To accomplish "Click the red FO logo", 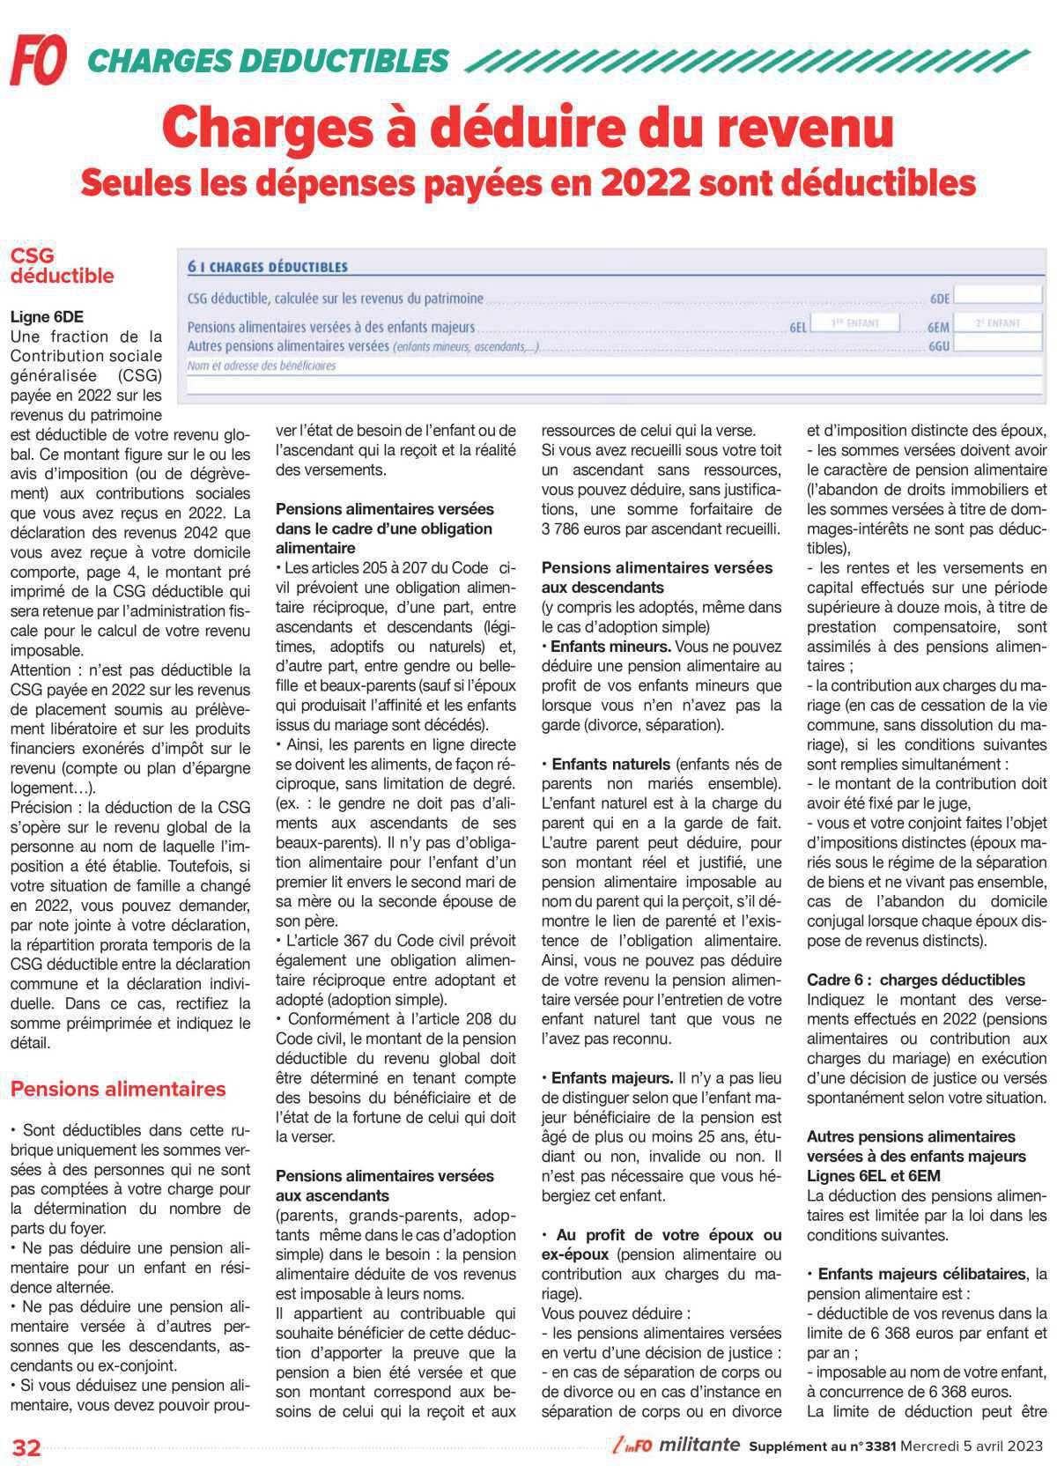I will [x=38, y=61].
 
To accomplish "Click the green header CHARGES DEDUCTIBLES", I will [x=269, y=61].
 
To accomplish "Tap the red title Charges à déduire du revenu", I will [x=528, y=127].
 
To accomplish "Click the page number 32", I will [x=26, y=1447].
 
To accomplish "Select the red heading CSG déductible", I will [x=62, y=265].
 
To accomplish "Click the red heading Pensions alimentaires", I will [x=118, y=1089].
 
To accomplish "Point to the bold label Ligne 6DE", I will [x=47, y=316].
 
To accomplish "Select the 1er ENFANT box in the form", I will [x=854, y=323].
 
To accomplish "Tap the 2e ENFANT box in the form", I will [x=997, y=324].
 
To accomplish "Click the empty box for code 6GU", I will [x=998, y=344].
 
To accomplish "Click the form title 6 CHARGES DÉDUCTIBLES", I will [x=268, y=267].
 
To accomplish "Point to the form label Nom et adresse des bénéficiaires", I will [x=262, y=366].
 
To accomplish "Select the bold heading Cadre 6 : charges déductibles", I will [x=915, y=980].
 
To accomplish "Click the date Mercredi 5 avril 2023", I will [x=972, y=1446].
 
